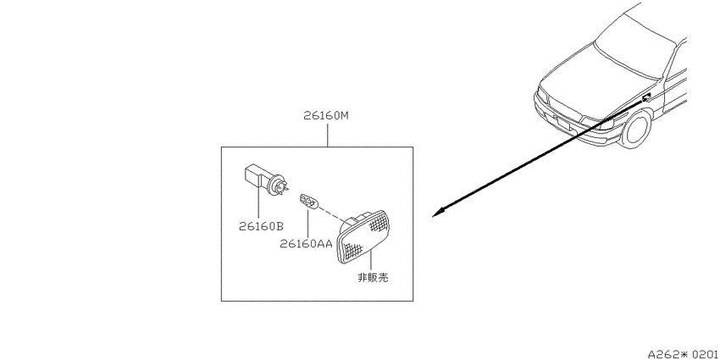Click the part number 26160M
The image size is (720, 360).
tap(326, 116)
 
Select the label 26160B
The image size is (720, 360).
tap(261, 226)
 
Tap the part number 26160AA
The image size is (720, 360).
tap(305, 243)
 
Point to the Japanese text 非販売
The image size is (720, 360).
tap(373, 277)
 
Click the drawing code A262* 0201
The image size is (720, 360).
tap(684, 354)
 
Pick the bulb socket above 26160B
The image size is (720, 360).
tap(265, 182)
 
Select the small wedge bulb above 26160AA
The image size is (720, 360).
tap(308, 202)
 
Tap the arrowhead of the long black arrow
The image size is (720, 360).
tap(438, 213)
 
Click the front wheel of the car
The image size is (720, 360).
tap(636, 127)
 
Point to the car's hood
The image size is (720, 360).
tap(597, 69)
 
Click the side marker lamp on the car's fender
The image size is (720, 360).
tap(646, 97)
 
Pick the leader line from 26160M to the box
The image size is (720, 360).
tap(327, 134)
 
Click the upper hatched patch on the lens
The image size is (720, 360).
tap(377, 224)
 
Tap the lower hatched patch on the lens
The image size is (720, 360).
tap(352, 250)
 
